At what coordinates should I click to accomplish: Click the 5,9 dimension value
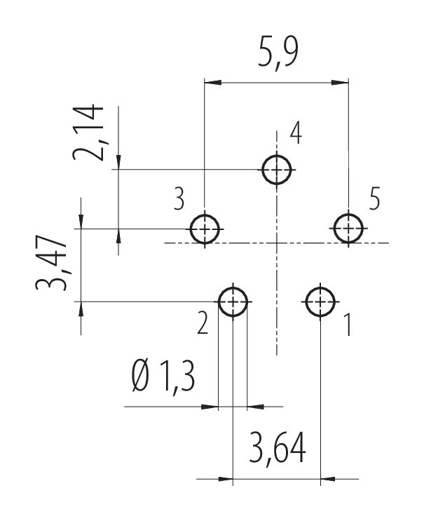(278, 53)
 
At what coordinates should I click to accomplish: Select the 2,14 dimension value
(88, 133)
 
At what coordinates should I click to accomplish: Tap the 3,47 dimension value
(51, 263)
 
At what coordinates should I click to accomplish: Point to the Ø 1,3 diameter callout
(163, 377)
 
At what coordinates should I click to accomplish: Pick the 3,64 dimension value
(278, 447)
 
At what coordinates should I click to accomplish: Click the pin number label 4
(296, 133)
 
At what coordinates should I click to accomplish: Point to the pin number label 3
(179, 198)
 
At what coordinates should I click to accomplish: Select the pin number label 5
(374, 198)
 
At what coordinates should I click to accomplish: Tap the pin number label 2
(203, 323)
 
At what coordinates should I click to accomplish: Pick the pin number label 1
(348, 324)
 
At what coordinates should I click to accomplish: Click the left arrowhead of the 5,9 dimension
(213, 83)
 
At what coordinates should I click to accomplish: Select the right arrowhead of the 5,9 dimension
(340, 83)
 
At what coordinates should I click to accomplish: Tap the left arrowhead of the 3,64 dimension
(225, 479)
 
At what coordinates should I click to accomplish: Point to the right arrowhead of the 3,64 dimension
(329, 479)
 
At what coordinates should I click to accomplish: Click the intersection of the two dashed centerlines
(277, 243)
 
